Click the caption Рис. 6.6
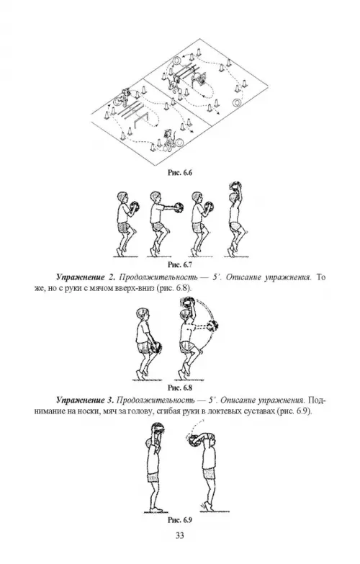180,173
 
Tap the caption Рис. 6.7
180,265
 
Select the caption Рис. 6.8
180,388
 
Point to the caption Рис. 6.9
180,520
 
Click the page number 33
180,536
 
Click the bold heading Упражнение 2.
85,278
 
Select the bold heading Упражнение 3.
85,400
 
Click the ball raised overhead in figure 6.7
235,187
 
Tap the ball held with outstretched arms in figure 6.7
178,207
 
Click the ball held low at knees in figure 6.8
156,347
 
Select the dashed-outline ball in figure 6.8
213,326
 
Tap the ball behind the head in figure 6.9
195,441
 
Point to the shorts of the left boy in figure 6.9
153,477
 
